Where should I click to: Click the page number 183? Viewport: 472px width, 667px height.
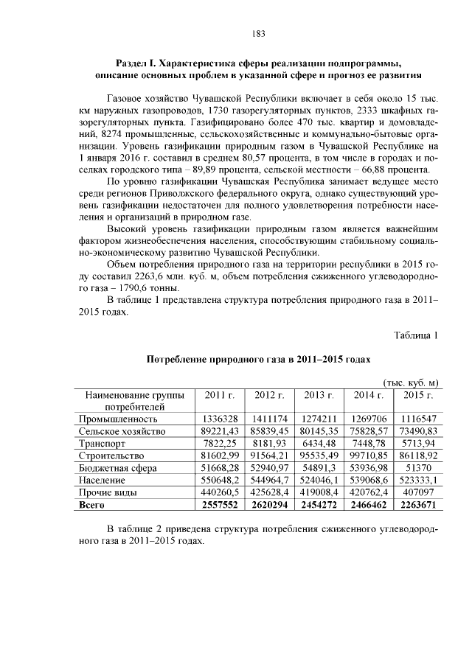[258, 33]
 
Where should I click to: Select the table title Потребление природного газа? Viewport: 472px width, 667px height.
[258, 359]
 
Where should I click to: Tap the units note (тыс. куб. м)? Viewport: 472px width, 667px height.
[412, 382]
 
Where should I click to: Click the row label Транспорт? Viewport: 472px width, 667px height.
[102, 444]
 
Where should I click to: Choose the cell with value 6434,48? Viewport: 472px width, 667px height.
[318, 444]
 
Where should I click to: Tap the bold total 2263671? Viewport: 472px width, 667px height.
[417, 505]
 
